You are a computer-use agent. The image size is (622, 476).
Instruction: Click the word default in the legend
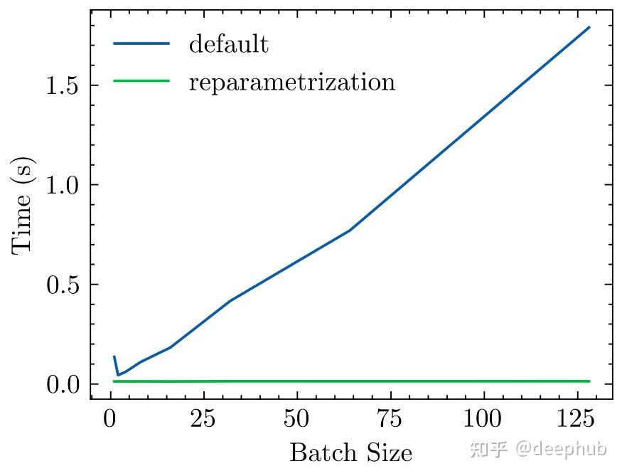[228, 44]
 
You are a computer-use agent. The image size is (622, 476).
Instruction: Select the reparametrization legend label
[291, 82]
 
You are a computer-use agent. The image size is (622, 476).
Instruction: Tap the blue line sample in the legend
[141, 44]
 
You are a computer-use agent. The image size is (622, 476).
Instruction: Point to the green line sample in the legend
[141, 81]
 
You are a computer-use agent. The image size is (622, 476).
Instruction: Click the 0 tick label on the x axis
[110, 419]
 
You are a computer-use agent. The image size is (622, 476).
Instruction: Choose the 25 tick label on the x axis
[203, 419]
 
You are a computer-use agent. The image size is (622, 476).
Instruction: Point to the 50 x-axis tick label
[296, 419]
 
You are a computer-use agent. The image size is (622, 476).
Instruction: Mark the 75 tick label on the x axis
[390, 419]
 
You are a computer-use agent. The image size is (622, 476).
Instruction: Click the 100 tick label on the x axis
[483, 419]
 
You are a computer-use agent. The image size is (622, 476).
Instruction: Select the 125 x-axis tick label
[577, 419]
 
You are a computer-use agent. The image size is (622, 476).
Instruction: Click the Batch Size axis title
[350, 453]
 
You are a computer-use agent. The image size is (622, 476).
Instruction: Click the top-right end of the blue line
[589, 27]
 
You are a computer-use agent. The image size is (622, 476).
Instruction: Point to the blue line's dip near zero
[118, 375]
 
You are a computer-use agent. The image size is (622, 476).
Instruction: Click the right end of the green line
[589, 381]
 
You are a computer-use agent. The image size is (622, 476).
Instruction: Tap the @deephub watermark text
[561, 450]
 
